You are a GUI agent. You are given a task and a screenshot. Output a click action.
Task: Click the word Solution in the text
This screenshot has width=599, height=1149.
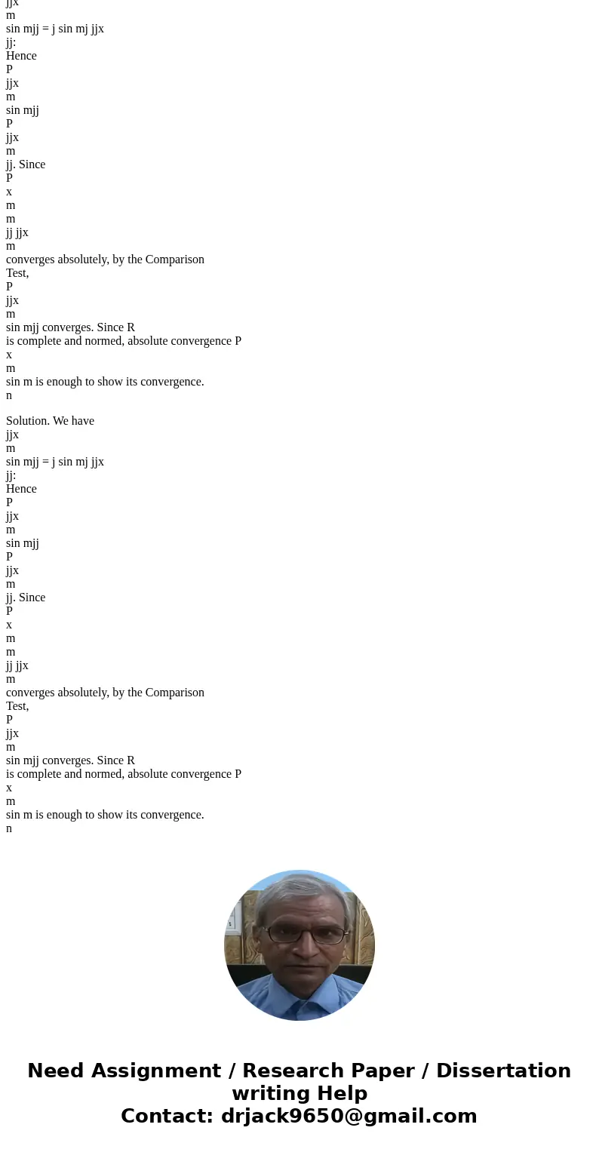[x=28, y=421]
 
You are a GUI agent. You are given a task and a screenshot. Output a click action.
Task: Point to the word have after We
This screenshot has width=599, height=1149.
[x=83, y=421]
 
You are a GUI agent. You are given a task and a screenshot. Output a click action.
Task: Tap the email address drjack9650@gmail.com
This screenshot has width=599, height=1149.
[x=349, y=1117]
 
